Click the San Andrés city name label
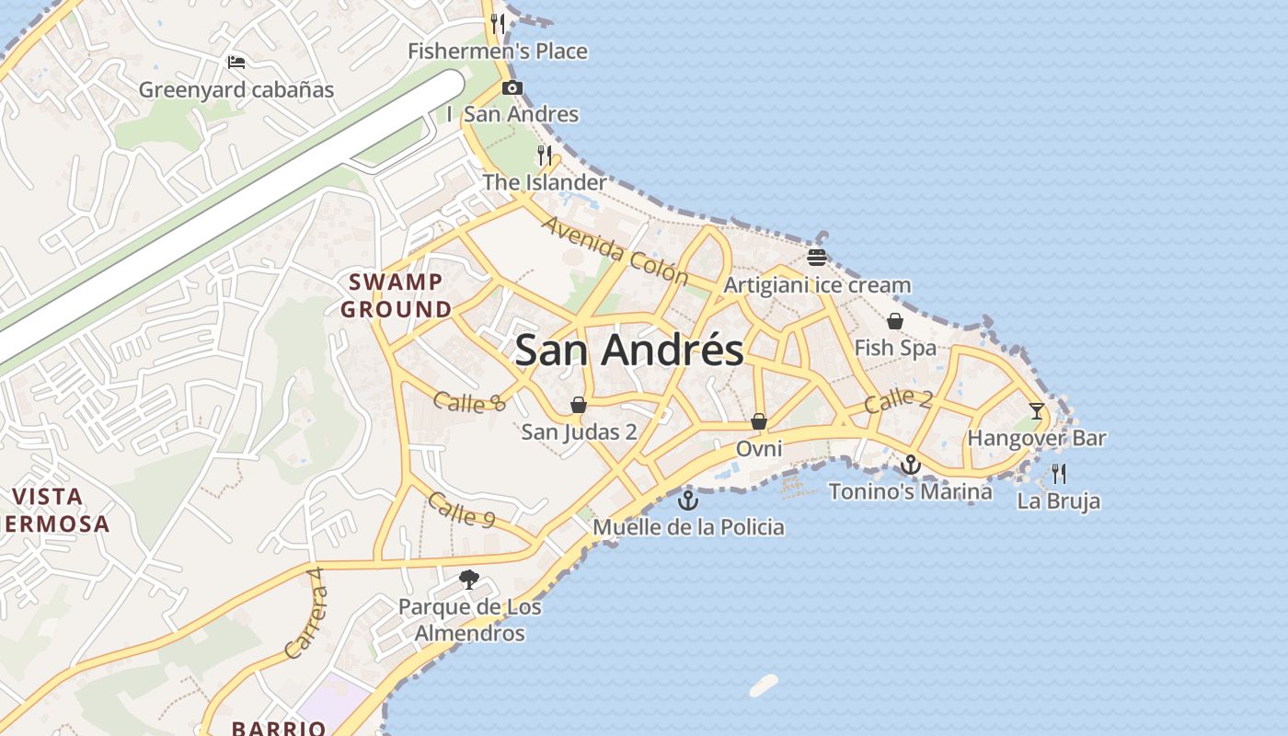coord(629,351)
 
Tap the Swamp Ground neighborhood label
coord(397,295)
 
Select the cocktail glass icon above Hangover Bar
coord(1037,411)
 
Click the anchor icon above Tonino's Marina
coord(910,465)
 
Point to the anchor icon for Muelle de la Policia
coord(687,500)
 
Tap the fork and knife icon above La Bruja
coord(1059,474)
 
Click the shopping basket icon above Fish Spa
coord(895,321)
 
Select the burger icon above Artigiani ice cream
coord(817,257)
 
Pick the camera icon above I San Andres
coord(512,88)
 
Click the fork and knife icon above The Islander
coord(545,155)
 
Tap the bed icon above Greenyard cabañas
coord(236,63)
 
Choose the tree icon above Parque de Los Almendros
coord(469,580)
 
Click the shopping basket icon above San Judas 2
coord(579,405)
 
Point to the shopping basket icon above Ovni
coord(759,421)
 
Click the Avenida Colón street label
coord(615,249)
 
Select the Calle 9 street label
coord(461,511)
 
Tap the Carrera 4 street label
coord(305,613)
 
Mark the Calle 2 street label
coord(898,400)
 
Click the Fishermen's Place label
coord(498,52)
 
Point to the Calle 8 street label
coord(469,402)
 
